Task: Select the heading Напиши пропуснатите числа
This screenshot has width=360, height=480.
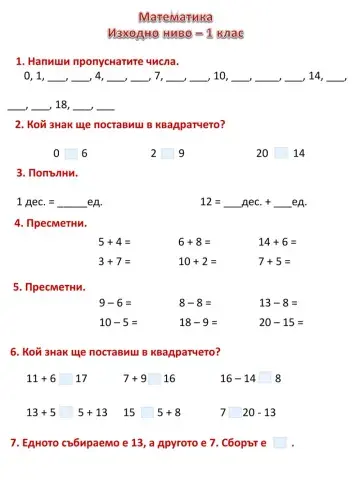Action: point(98,62)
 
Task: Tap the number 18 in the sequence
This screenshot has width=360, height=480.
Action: point(60,104)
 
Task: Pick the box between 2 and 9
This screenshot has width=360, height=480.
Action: point(167,153)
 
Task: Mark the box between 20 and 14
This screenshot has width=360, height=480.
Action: point(281,153)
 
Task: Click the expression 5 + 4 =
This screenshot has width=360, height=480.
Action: point(114,242)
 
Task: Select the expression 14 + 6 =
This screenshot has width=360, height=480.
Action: point(277,242)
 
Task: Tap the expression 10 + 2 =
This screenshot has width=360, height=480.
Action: point(197,262)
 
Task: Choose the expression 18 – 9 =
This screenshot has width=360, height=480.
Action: point(198,322)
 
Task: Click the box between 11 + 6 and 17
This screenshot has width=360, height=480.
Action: point(66,379)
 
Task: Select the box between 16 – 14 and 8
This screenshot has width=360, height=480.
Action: point(264,379)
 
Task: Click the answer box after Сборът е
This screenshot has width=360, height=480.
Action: point(280,442)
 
